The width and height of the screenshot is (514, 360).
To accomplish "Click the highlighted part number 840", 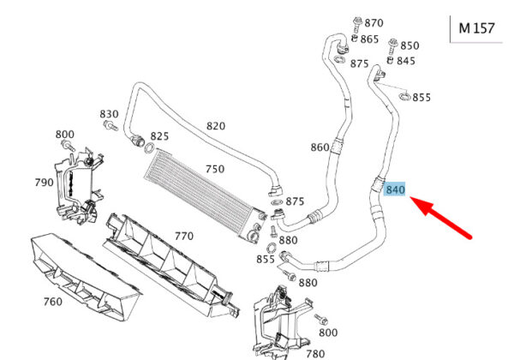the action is pos(395,189).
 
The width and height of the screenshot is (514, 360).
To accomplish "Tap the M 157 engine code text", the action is pos(476,28).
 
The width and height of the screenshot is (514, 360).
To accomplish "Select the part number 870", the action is pos(374,23).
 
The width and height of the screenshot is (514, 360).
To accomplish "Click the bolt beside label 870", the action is pos(357,24).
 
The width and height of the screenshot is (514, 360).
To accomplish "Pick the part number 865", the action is pos(369,39).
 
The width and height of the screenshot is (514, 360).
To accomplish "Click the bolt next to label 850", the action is pos(392,46).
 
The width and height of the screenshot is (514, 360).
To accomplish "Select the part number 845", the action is pos(406,61).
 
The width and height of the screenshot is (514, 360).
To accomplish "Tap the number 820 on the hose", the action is pos(216,126).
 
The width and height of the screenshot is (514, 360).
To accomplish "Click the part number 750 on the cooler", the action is pos(215,169).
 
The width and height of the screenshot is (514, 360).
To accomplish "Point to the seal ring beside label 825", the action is pos(149,148).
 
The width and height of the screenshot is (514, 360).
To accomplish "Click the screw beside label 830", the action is pos(111,126).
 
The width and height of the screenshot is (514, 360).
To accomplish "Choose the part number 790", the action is pos(45,183).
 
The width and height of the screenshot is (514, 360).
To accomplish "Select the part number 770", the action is pos(184,236).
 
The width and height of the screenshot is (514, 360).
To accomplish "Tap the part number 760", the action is pos(53,302).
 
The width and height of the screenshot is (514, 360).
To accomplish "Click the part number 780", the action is pos(315,354).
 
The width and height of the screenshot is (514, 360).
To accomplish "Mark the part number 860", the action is pos(320,147).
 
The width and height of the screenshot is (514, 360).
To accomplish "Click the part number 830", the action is pos(109,114).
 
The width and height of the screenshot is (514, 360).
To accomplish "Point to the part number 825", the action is pos(159,136).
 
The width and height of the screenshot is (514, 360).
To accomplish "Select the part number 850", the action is pos(409,45).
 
